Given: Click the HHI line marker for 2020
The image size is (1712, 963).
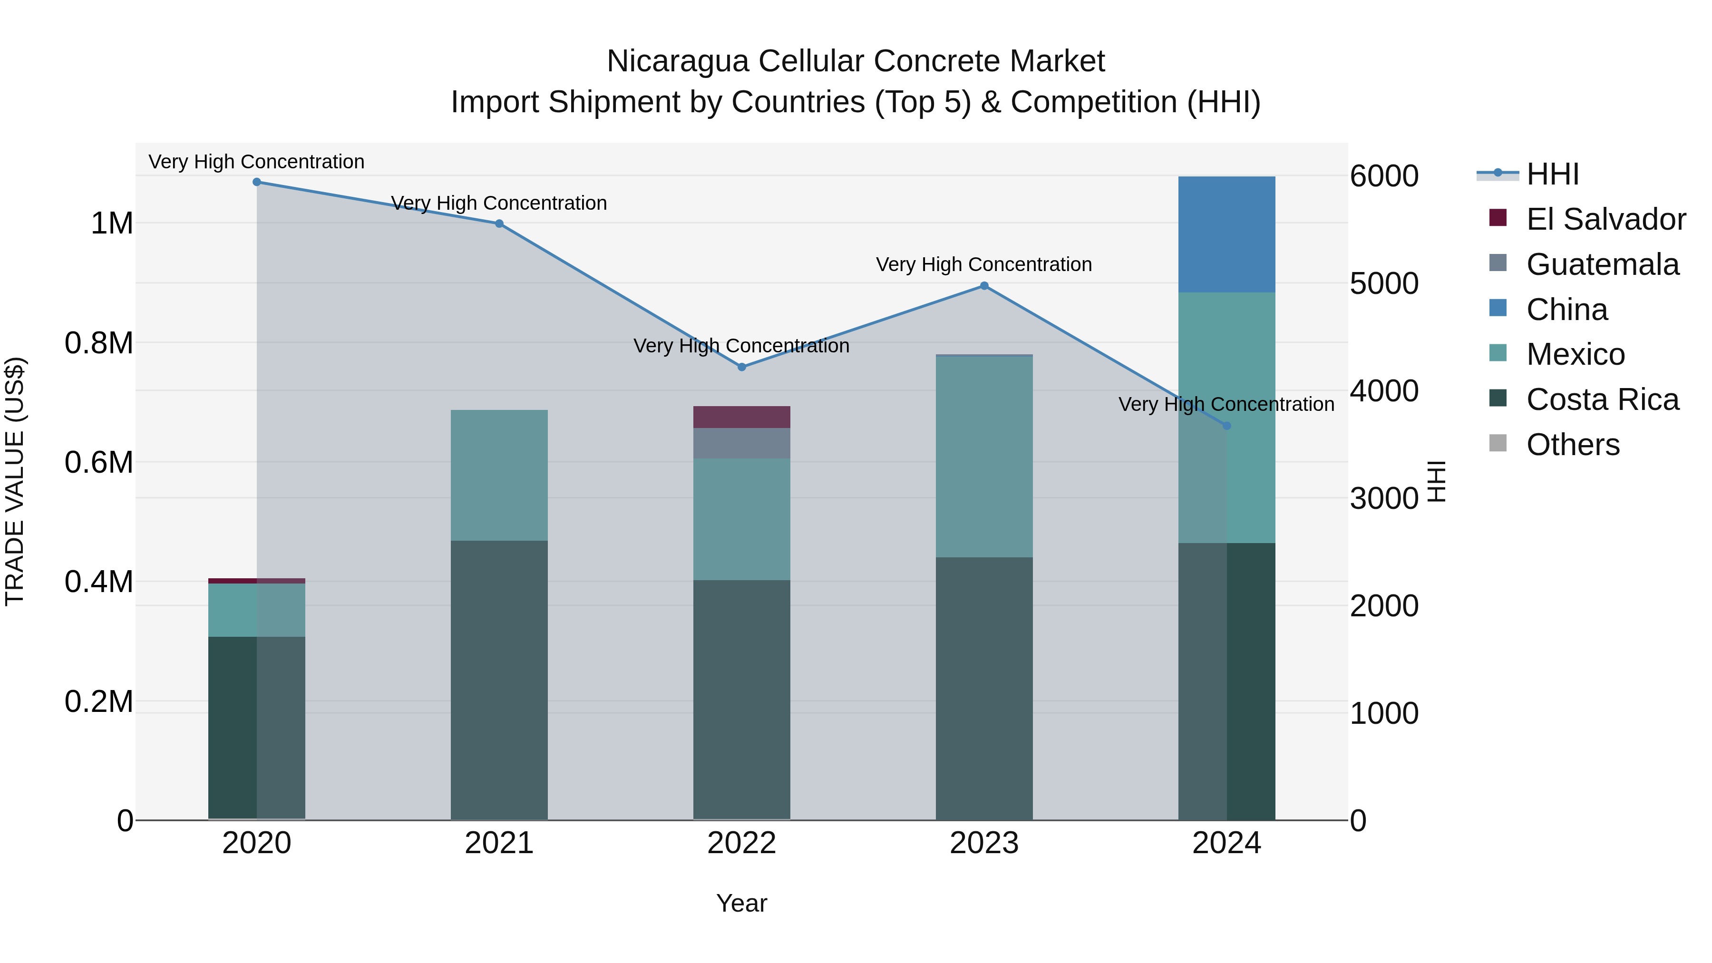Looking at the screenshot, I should point(256,182).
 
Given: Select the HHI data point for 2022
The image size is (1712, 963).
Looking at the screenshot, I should point(742,367).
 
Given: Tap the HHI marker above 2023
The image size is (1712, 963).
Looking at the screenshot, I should point(984,286).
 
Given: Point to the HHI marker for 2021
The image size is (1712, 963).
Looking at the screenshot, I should point(499,224).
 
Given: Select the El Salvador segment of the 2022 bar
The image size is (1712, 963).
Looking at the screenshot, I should point(742,417).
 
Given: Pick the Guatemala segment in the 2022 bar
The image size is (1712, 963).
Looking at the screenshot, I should point(742,443).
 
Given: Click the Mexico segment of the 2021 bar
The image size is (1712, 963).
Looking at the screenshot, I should point(499,475).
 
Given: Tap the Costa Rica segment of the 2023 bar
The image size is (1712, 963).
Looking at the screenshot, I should point(984,688).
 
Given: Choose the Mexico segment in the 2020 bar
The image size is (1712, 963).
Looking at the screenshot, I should point(256,610).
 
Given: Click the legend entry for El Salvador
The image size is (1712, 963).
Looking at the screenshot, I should point(1605,219).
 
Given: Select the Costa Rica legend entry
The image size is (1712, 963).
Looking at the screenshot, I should point(1602,399).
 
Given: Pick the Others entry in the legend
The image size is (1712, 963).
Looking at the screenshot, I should point(1573,445).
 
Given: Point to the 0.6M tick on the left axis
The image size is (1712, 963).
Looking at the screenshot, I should point(99,462).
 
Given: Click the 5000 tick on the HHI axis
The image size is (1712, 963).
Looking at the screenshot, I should point(1384,284).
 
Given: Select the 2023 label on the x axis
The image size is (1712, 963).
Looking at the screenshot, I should point(984,843).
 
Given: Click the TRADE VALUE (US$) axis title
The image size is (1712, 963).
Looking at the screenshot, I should point(15,481).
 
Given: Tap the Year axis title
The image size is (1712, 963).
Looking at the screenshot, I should point(742,903).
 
